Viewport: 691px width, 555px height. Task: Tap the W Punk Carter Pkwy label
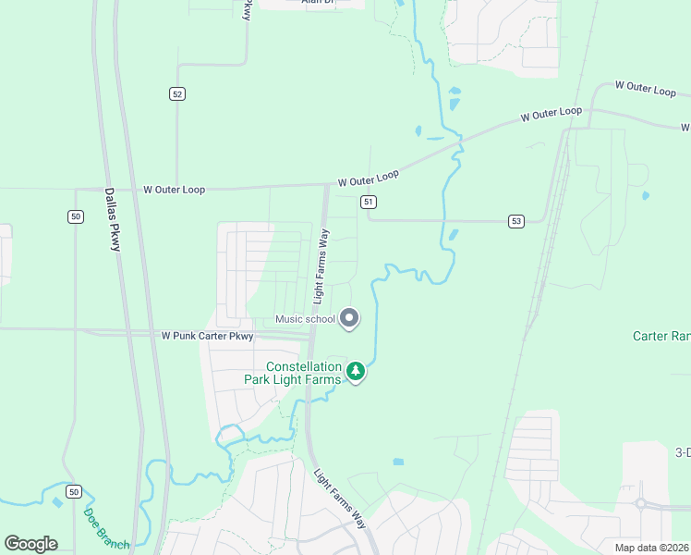207,337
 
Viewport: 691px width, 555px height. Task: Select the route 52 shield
177,93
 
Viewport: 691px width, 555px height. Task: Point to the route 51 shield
368,202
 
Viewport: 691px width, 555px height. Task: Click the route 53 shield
515,220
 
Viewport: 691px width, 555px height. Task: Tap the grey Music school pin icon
349,318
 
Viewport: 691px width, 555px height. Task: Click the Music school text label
305,320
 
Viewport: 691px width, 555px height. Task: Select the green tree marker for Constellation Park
356,372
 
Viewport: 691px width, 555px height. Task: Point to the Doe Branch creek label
106,527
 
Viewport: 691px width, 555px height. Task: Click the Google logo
30,543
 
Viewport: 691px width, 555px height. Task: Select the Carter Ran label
661,336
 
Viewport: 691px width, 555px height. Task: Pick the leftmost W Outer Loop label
174,189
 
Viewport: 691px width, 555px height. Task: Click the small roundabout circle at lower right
640,504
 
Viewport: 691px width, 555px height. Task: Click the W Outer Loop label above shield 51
368,177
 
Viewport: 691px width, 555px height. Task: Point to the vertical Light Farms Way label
321,265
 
